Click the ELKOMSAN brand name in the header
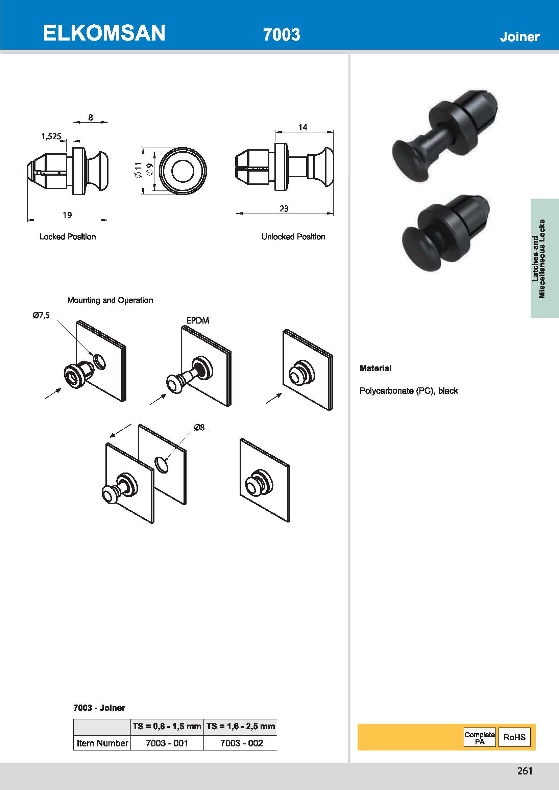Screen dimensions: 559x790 (x=104, y=33)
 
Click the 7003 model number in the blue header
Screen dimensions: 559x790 (x=282, y=35)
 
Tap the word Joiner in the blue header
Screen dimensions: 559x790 (x=519, y=37)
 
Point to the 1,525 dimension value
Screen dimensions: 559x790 (x=51, y=136)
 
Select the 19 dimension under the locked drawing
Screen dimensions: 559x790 (x=67, y=215)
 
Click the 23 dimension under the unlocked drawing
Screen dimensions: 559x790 (x=284, y=208)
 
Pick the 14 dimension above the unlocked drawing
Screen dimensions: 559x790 (x=303, y=127)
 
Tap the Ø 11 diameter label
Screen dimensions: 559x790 (x=138, y=170)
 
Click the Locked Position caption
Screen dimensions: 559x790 (x=68, y=237)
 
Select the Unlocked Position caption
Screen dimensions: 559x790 (x=293, y=237)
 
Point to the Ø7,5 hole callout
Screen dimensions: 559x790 (x=41, y=315)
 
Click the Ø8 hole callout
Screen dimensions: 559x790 (x=199, y=427)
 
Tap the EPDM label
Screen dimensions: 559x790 (x=198, y=321)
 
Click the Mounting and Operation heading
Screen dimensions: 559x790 (x=110, y=300)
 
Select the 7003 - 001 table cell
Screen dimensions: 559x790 (x=167, y=743)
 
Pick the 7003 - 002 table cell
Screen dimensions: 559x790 (x=242, y=743)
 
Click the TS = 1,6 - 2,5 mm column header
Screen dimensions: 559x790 (x=241, y=727)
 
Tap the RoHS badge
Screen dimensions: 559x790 (x=514, y=737)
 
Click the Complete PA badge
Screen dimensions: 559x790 (x=480, y=737)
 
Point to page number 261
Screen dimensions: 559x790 (x=525, y=771)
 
